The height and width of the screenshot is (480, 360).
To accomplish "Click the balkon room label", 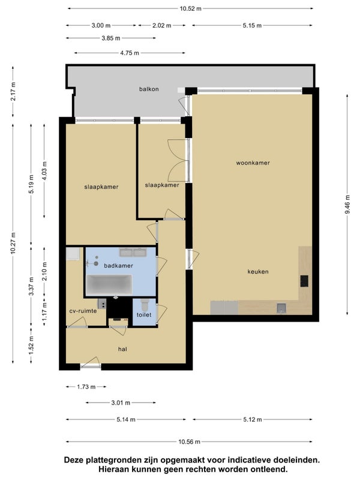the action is pyautogui.click(x=149, y=89).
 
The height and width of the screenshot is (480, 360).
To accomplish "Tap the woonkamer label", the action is pyautogui.click(x=253, y=163).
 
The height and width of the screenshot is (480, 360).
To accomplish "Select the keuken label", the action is pyautogui.click(x=258, y=272).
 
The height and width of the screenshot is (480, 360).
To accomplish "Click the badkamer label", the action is pyautogui.click(x=118, y=266).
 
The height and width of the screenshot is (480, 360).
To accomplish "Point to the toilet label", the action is pyautogui.click(x=144, y=314).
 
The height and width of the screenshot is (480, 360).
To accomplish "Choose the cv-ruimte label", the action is pyautogui.click(x=83, y=311).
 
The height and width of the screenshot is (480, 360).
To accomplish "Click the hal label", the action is pyautogui.click(x=122, y=349).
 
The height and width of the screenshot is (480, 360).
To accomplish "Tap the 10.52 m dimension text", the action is pyautogui.click(x=190, y=8).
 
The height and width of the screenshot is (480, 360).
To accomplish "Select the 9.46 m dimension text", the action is pyautogui.click(x=347, y=205).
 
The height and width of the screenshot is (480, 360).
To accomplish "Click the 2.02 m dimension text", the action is pyautogui.click(x=161, y=25).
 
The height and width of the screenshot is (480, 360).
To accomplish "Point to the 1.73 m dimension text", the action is pyautogui.click(x=86, y=387).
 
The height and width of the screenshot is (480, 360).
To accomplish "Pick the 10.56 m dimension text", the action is pyautogui.click(x=189, y=442).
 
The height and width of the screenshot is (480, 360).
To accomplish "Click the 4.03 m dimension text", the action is pyautogui.click(x=44, y=171).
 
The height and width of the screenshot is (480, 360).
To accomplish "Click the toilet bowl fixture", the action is pyautogui.click(x=145, y=305).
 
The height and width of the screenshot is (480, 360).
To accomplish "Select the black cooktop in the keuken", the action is pyautogui.click(x=304, y=281).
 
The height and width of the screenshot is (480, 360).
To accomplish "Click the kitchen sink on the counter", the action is pyautogui.click(x=281, y=308).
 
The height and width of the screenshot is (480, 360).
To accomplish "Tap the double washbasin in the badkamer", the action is pyautogui.click(x=133, y=252).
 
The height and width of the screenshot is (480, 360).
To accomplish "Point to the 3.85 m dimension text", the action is pyautogui.click(x=111, y=38).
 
